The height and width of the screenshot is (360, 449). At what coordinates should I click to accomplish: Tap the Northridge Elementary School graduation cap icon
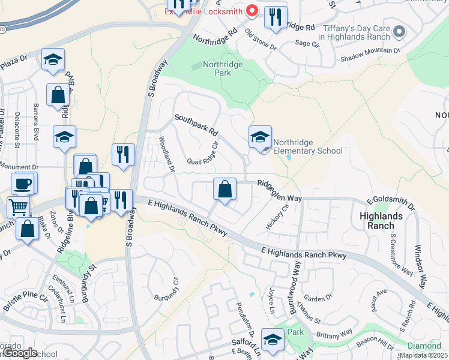point(261,137)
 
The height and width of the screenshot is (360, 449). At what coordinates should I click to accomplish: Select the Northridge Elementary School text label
point(307,147)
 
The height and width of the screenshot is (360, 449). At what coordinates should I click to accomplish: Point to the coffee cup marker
point(23,184)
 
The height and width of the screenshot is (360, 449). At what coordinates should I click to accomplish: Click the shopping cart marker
point(18,208)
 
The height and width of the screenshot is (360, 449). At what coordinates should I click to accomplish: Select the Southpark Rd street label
point(196,126)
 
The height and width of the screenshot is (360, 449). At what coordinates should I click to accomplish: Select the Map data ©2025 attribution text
point(423,355)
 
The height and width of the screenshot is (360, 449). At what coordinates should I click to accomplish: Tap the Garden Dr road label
point(318,298)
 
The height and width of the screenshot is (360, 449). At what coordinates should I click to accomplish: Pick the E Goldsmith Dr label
point(391,202)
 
